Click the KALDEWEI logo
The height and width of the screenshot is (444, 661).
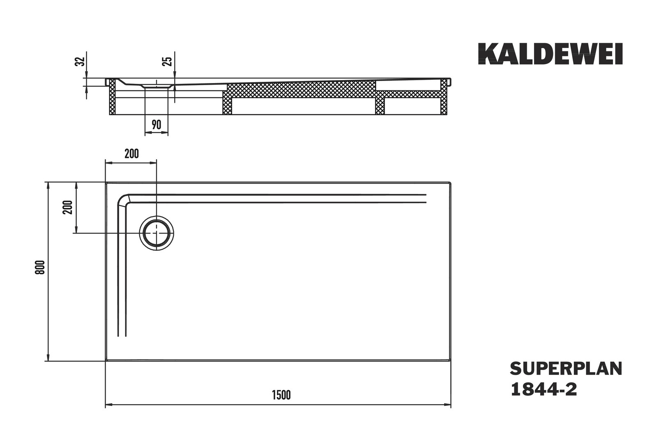[550, 54]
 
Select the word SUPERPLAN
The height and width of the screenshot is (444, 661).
[566, 369]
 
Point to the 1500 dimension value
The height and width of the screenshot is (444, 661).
[281, 395]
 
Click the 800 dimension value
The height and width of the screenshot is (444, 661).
[40, 267]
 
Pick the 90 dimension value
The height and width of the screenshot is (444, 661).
[157, 125]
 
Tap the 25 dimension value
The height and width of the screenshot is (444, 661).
[167, 61]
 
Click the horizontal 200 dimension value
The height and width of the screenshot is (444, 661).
[131, 153]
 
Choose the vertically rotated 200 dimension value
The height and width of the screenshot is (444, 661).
[67, 207]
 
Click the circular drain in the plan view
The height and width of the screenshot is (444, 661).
[157, 233]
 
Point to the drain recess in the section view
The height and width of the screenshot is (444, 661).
[157, 86]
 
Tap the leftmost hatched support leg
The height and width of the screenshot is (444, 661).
[112, 97]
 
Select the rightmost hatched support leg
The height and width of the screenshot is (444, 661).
[444, 97]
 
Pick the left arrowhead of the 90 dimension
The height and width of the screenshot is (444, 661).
[148, 132]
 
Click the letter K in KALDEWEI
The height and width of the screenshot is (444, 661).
[487, 54]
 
